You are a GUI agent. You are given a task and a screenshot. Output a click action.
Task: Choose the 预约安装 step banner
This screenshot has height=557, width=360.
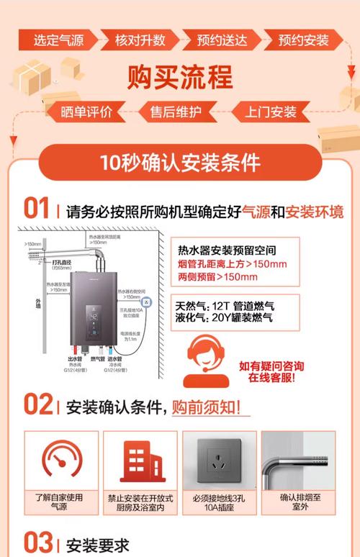pos(302,40)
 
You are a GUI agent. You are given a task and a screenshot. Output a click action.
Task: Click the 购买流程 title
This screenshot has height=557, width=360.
pos(180,76)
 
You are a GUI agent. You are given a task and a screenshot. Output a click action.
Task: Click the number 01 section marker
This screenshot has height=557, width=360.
pos(36,209)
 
